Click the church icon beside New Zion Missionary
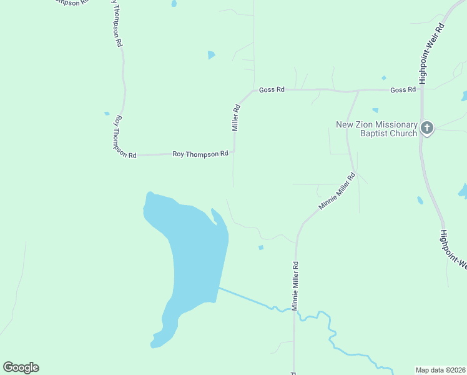coord(427,129)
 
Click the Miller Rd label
coord(236,117)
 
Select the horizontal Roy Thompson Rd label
coord(200,154)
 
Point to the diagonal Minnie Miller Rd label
coord(337,192)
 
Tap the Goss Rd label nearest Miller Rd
coord(272,90)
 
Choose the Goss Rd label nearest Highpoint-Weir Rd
coord(403,90)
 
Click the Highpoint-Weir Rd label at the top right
coord(431,54)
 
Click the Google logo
coord(21,367)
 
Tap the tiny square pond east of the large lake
coord(261,247)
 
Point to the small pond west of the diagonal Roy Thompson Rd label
coord(107,114)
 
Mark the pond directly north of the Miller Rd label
coord(211,55)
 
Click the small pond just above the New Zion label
coord(375,111)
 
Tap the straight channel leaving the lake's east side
coord(243,297)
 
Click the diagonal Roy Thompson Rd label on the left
coord(124,136)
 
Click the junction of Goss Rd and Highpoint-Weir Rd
coord(422,90)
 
